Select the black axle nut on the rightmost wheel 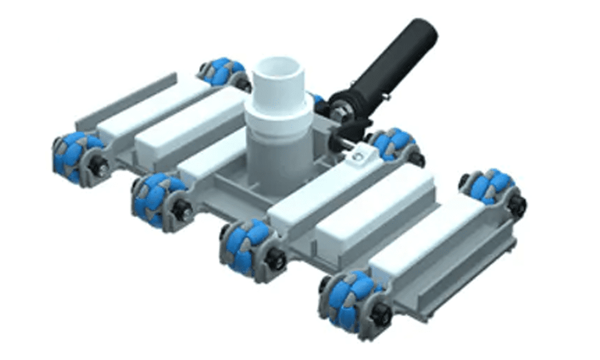click(x=517, y=205)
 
